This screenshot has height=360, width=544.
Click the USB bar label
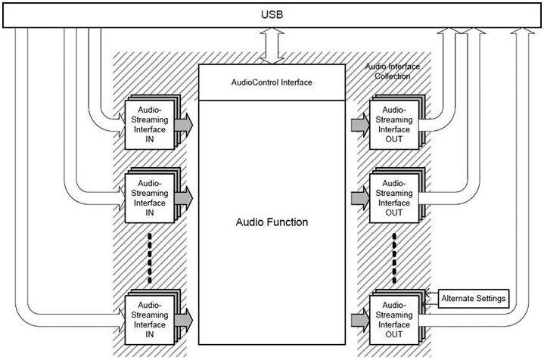[271, 14]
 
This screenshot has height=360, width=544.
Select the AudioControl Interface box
[272, 82]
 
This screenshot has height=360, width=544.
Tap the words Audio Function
[272, 223]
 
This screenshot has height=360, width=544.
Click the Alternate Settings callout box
[472, 297]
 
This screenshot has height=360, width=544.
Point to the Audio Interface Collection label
[391, 71]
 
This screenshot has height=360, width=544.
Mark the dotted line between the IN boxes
[150, 255]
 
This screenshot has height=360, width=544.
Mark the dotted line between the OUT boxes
[393, 255]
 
